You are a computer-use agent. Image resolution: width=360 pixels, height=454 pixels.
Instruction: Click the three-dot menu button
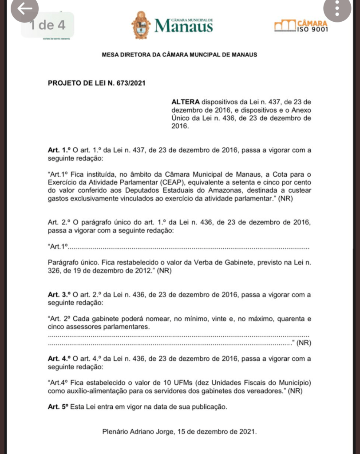[338, 10]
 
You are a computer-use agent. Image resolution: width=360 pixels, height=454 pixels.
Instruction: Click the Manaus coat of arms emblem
[142, 25]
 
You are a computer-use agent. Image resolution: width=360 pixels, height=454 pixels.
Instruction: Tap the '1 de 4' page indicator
[47, 25]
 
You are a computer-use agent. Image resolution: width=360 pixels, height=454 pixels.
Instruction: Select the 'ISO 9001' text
[313, 30]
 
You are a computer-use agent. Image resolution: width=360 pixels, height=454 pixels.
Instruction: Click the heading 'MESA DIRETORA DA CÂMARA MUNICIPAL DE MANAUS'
[179, 55]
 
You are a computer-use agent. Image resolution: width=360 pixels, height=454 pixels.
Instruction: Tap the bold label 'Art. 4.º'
[59, 359]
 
